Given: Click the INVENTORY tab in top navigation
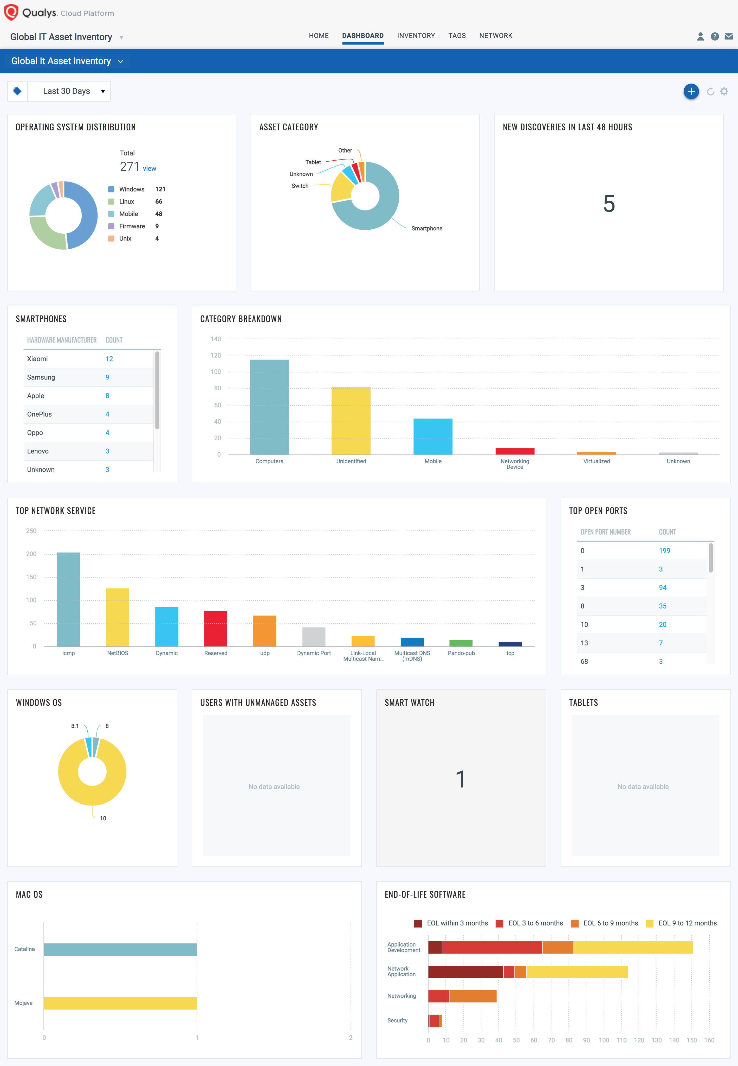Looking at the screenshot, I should point(416,36).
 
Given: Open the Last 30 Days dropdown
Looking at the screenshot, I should point(69,91).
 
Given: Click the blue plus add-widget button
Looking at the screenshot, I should point(691,91).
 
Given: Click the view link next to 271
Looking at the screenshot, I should point(149,168).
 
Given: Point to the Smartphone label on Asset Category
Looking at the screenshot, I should point(426,229).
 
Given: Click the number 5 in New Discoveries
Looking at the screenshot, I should point(608,204).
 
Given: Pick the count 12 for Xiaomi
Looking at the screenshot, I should point(109,359).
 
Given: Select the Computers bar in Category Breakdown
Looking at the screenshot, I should point(269,407).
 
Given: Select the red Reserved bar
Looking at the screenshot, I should point(216,628).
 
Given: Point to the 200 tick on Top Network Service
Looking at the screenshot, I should point(31,554).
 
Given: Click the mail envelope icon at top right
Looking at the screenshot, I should point(728,36).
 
